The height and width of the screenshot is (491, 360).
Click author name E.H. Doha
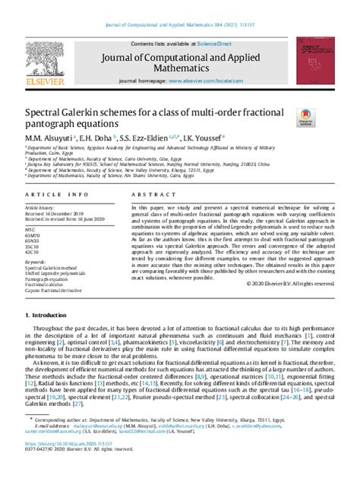[97, 138]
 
